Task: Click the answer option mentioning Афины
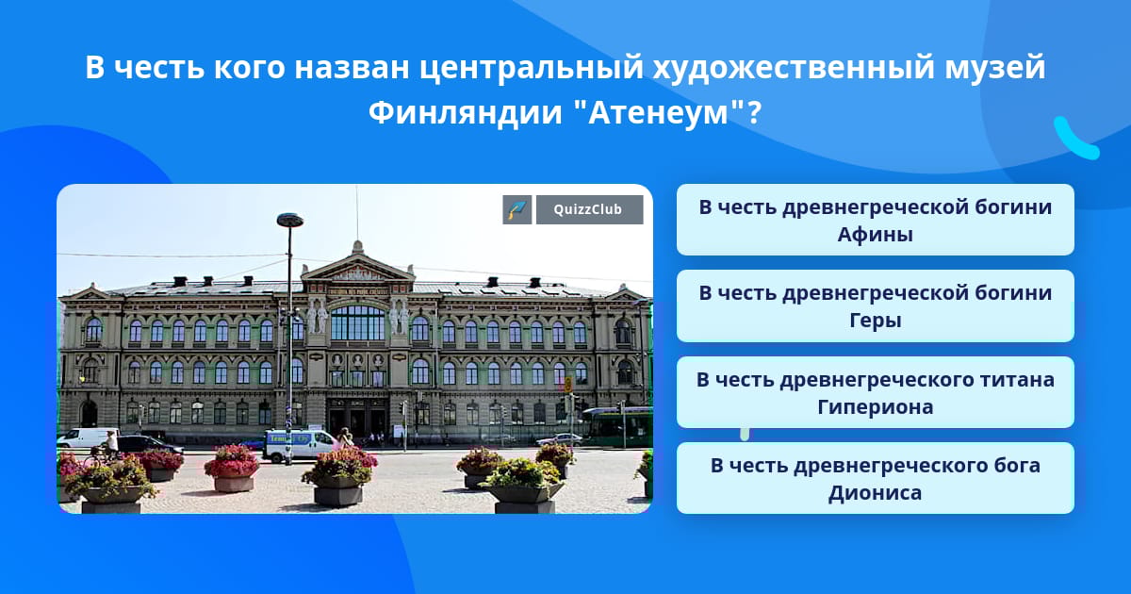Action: click(875, 220)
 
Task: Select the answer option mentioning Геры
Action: click(875, 306)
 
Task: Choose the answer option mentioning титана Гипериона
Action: click(875, 392)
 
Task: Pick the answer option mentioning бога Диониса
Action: click(875, 478)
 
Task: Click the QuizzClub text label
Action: click(589, 209)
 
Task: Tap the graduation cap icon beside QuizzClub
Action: click(517, 209)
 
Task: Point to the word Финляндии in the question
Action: click(465, 112)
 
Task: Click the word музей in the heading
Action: click(994, 68)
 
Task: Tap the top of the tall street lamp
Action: click(290, 220)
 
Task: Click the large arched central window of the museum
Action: click(358, 322)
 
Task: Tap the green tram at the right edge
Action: click(617, 427)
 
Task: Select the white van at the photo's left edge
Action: click(87, 437)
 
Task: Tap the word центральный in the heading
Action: click(532, 68)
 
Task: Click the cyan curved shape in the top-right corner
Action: click(1074, 140)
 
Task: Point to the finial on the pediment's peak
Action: click(357, 246)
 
